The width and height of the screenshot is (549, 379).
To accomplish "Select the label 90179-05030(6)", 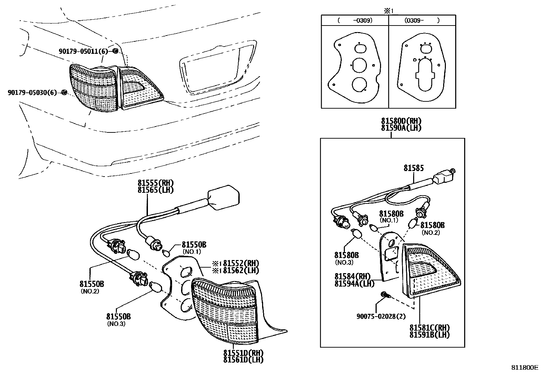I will pos(32,92).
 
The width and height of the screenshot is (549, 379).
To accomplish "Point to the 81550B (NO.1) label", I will pos(194,245).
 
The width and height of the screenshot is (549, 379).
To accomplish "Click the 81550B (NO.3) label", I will pos(118,317).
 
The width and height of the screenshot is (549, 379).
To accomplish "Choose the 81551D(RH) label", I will pos(243,353).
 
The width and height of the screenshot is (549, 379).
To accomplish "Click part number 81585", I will pos(413,168).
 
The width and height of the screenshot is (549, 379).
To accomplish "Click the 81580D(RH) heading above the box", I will pos(401,121).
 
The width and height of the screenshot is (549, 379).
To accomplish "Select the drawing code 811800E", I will pos(524,368).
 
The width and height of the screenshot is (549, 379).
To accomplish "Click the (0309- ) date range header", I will pos(422,21).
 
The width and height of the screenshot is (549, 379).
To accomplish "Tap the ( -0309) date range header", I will pos(355,21).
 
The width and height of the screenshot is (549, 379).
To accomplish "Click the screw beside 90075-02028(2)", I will pos(385,295).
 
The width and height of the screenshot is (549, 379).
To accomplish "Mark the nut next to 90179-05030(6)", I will pos(64,92).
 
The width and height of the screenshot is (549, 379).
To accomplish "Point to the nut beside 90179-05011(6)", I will pos(116,51).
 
